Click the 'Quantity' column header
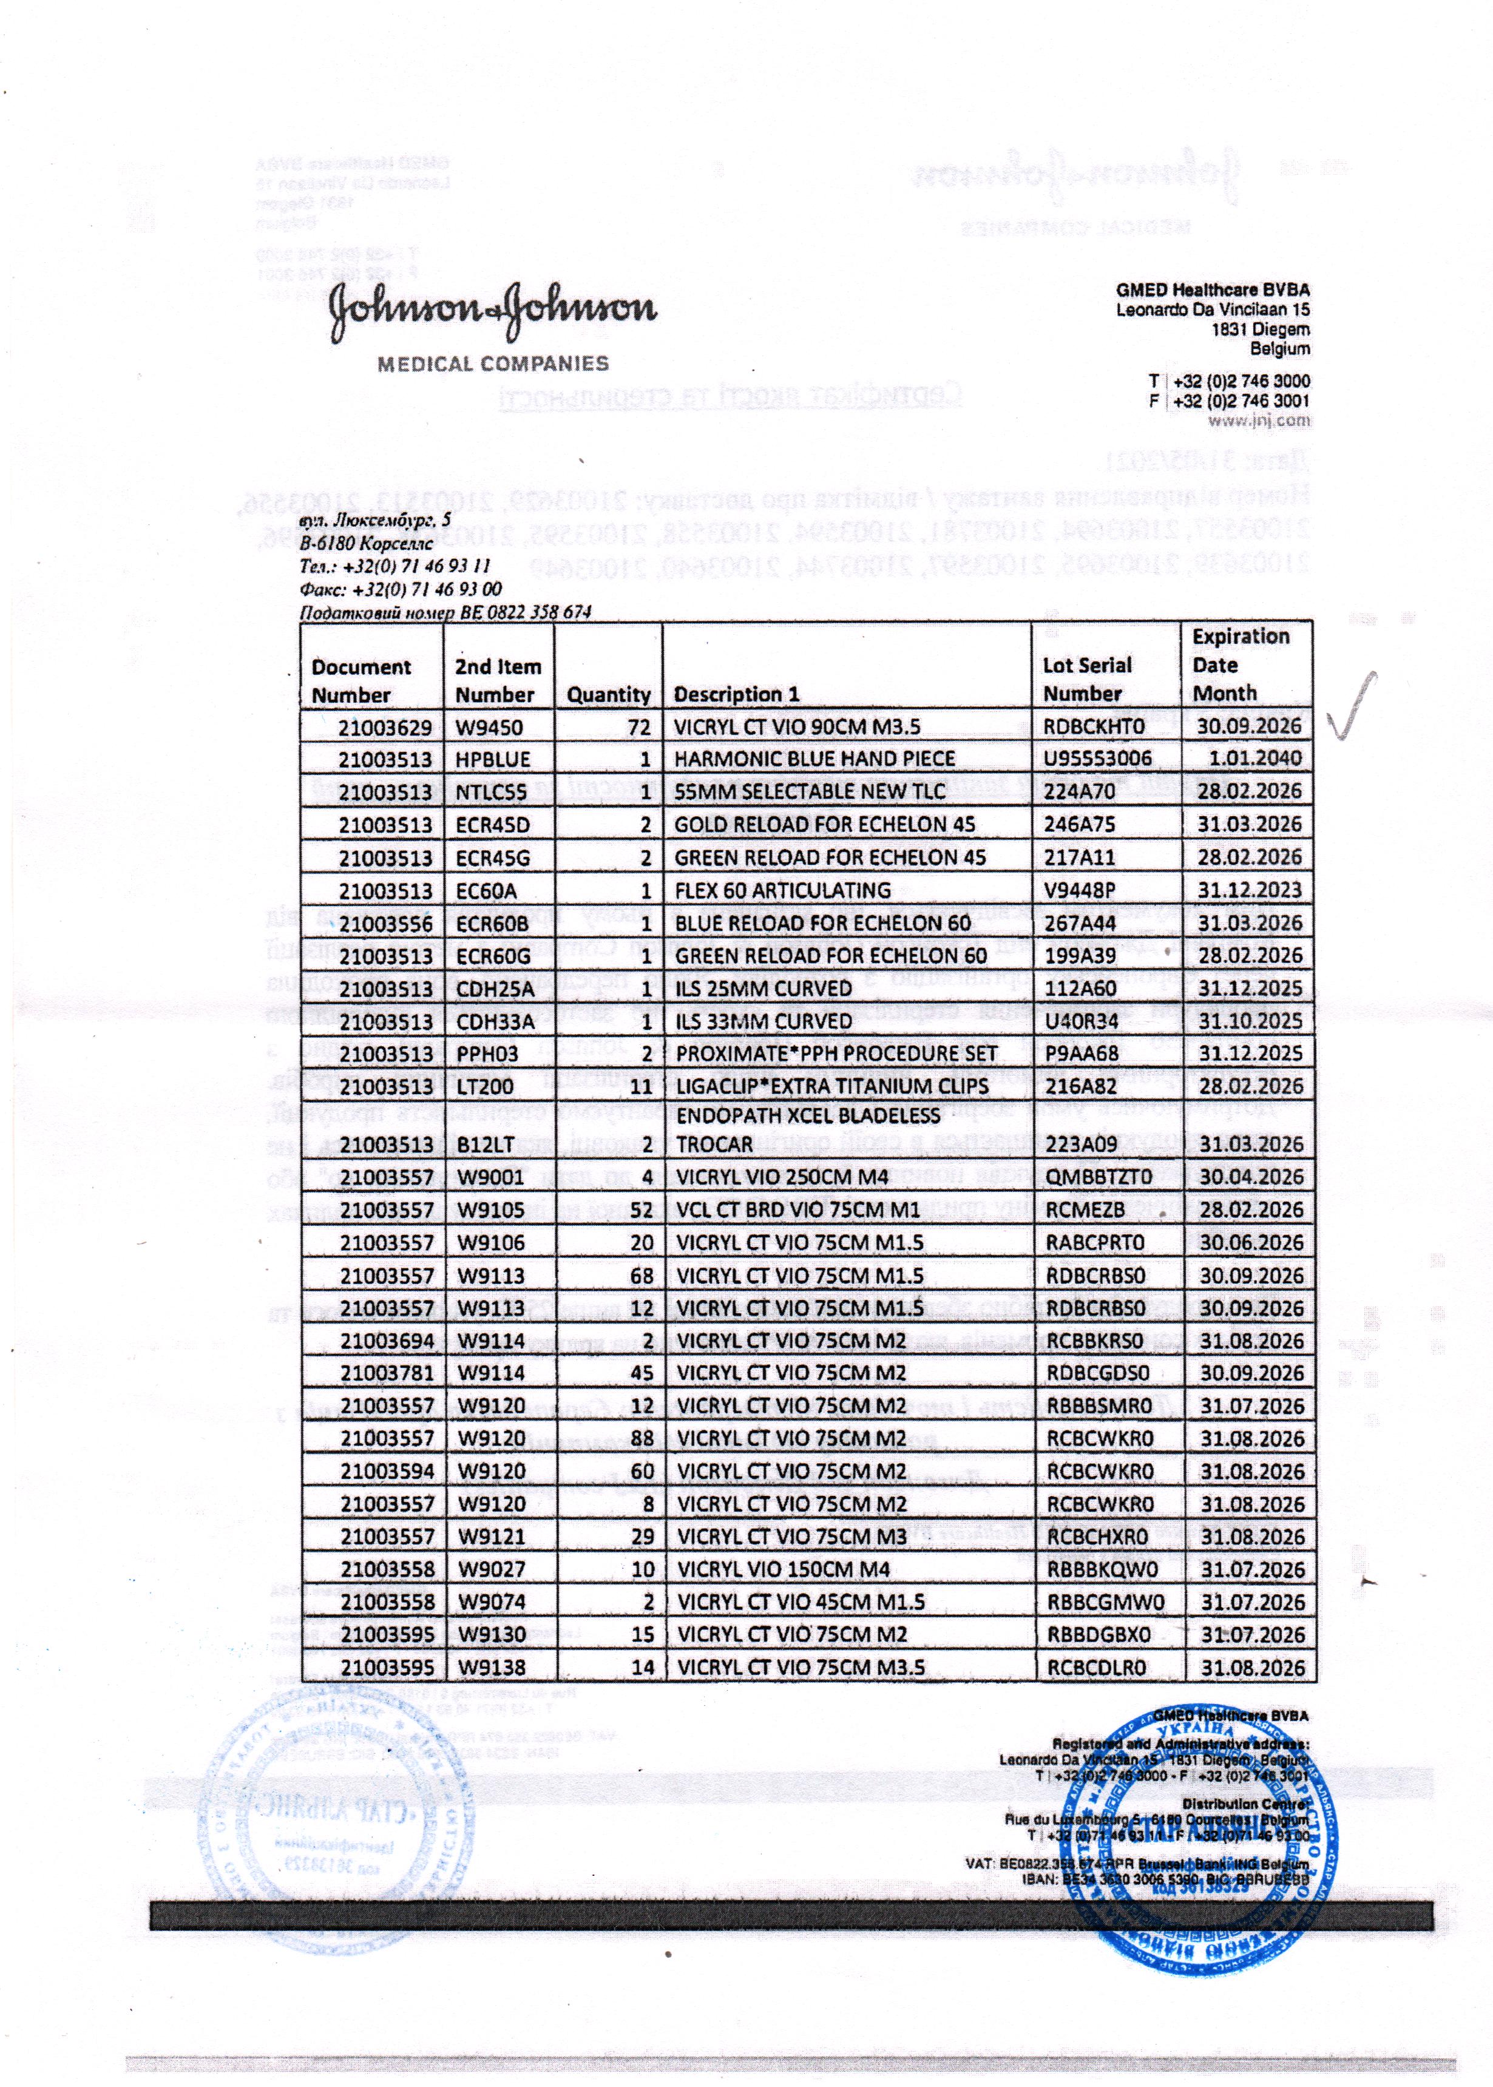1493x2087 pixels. click(x=608, y=695)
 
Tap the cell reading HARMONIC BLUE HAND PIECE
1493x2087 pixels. click(x=814, y=759)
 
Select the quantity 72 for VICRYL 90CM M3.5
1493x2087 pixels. click(x=639, y=727)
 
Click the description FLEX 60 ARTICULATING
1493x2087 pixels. click(x=782, y=890)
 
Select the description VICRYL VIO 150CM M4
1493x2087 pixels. click(x=784, y=1569)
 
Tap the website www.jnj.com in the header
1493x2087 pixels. click(x=1259, y=420)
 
